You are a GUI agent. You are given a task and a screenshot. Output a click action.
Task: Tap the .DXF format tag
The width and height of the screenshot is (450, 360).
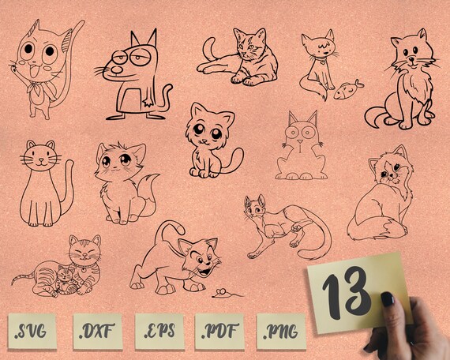tap(96, 331)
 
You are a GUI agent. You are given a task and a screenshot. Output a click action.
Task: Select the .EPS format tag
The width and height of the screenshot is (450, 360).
tap(157, 331)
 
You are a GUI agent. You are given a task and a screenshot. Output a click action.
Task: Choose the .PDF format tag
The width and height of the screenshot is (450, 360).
tap(219, 331)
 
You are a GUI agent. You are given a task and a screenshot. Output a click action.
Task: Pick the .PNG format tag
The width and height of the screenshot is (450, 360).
tap(279, 331)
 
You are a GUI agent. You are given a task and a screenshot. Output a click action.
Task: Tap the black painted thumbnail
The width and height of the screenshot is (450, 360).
tap(388, 298)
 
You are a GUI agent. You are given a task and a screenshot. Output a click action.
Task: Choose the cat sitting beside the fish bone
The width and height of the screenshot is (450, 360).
tap(316, 63)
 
